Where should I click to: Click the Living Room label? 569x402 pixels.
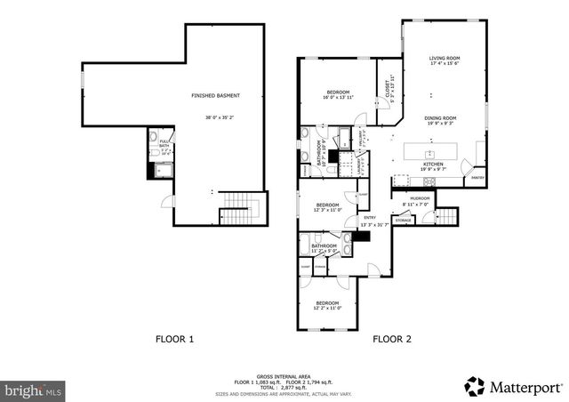pos(444,58)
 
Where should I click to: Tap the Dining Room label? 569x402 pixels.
pos(439,118)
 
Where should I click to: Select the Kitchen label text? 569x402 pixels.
pos(433,165)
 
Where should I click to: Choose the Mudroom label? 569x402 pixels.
pos(420,197)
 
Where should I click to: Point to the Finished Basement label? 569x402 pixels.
pos(215,95)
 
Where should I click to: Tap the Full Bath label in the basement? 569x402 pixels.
pos(164,143)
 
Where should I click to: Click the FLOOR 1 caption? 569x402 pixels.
pos(175,339)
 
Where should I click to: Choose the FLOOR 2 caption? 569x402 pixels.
pos(392,339)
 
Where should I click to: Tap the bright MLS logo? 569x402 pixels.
pos(34,390)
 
